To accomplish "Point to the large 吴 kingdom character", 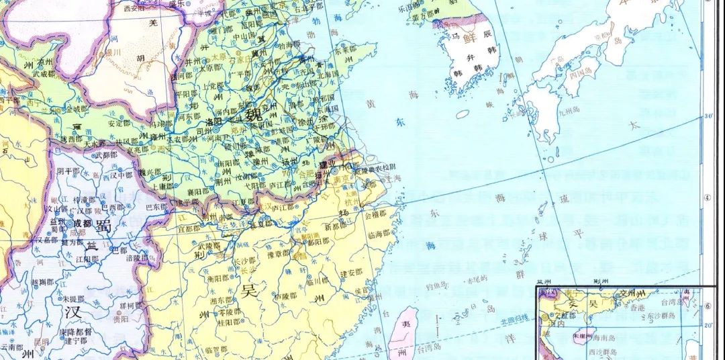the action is point(250,291).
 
